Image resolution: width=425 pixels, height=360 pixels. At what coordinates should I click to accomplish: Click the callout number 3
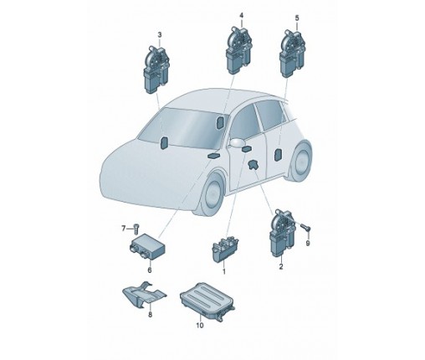(160, 35)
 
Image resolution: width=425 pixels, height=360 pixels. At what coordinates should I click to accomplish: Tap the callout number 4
(242, 15)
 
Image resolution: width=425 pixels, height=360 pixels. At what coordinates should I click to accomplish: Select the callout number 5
(297, 18)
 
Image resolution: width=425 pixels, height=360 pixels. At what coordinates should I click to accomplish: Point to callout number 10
(200, 325)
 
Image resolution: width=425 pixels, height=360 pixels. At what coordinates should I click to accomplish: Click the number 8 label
(150, 315)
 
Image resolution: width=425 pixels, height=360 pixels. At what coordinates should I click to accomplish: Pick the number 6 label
(150, 270)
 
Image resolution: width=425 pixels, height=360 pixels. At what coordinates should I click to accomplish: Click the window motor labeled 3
(156, 69)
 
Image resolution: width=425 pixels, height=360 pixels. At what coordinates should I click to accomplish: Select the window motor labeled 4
(239, 50)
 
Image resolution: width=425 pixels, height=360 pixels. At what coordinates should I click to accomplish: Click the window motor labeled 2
(283, 233)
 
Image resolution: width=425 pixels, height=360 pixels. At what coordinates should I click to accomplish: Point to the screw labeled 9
(305, 227)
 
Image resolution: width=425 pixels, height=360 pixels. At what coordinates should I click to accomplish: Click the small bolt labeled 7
(136, 229)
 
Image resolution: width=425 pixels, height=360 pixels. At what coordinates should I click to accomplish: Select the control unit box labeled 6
(147, 246)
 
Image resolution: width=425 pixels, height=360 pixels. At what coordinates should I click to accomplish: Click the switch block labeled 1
(225, 249)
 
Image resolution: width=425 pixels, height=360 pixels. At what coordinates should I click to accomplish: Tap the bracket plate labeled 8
(144, 295)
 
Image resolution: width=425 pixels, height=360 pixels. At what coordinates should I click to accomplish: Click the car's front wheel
(212, 194)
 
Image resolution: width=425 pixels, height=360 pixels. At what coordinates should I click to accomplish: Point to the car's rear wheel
(301, 161)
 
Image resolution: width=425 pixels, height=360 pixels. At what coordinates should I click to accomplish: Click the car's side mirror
(236, 142)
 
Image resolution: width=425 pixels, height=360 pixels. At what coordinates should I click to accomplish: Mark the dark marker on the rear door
(278, 155)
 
